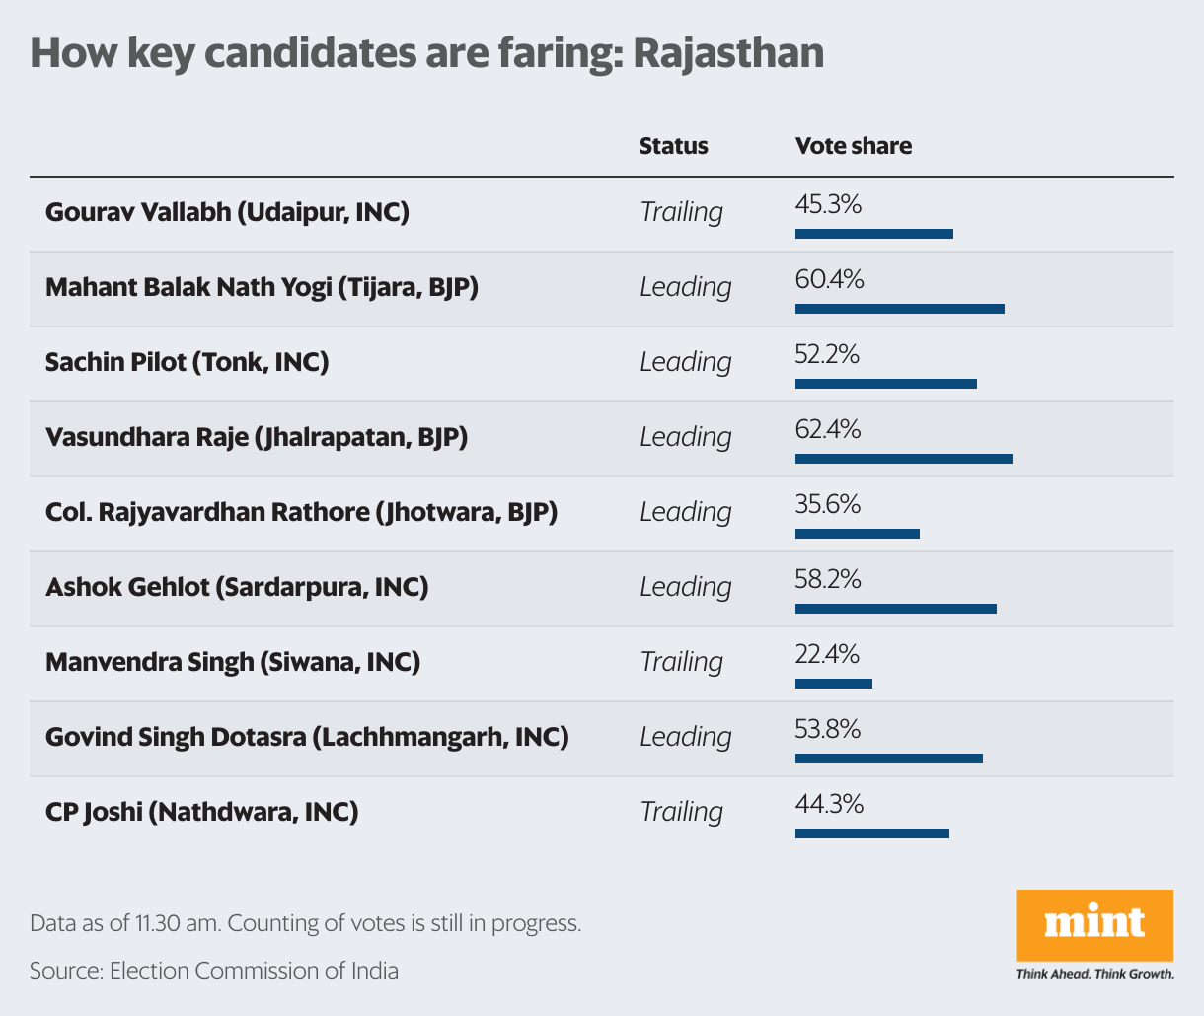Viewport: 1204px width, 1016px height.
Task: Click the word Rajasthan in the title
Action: [727, 53]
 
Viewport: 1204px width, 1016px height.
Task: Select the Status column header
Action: [673, 146]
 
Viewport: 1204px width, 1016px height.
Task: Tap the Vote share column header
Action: [854, 146]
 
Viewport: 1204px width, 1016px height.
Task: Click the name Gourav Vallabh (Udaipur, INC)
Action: [227, 212]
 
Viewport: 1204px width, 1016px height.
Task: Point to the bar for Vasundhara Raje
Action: [903, 459]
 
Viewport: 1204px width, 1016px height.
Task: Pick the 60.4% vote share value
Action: [829, 280]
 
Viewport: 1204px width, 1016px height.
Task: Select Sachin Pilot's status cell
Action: [685, 362]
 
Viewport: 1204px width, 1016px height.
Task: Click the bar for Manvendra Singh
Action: [833, 684]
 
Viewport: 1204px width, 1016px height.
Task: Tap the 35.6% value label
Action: [827, 505]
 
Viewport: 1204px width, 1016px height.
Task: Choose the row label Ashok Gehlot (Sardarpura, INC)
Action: [237, 587]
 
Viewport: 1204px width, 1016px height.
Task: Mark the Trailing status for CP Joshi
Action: [681, 812]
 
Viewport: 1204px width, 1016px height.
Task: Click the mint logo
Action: [1094, 924]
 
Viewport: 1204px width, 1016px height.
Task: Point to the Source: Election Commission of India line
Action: [214, 971]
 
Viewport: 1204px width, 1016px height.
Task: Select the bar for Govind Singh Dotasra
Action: [888, 759]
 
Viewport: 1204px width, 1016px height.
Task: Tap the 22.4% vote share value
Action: [827, 655]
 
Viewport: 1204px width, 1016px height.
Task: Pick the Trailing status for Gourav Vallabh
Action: [681, 212]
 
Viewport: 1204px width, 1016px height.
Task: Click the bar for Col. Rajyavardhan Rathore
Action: [857, 534]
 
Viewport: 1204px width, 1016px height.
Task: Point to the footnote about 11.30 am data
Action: [305, 924]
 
